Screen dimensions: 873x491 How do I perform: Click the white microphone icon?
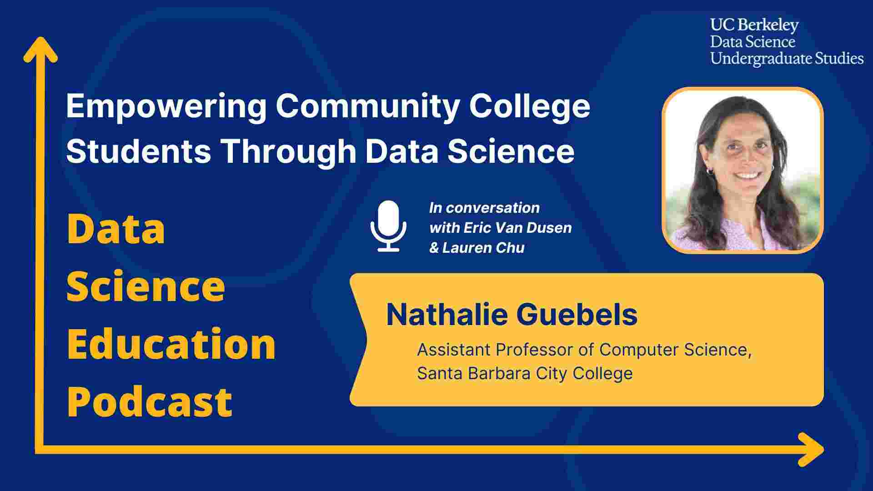388,226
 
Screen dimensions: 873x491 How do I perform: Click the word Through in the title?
288,151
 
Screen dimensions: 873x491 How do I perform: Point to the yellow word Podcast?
150,401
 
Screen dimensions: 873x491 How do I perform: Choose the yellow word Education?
171,344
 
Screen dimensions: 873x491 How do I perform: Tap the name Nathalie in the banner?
447,314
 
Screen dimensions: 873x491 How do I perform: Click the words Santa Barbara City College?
525,374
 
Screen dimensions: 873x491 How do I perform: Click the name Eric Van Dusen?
517,228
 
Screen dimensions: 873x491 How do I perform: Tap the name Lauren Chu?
483,248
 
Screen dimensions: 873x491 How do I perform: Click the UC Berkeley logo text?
754,25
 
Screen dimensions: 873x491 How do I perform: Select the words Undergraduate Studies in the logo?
787,59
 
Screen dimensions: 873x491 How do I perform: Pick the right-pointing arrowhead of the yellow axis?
811,450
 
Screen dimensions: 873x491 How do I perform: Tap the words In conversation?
484,208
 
